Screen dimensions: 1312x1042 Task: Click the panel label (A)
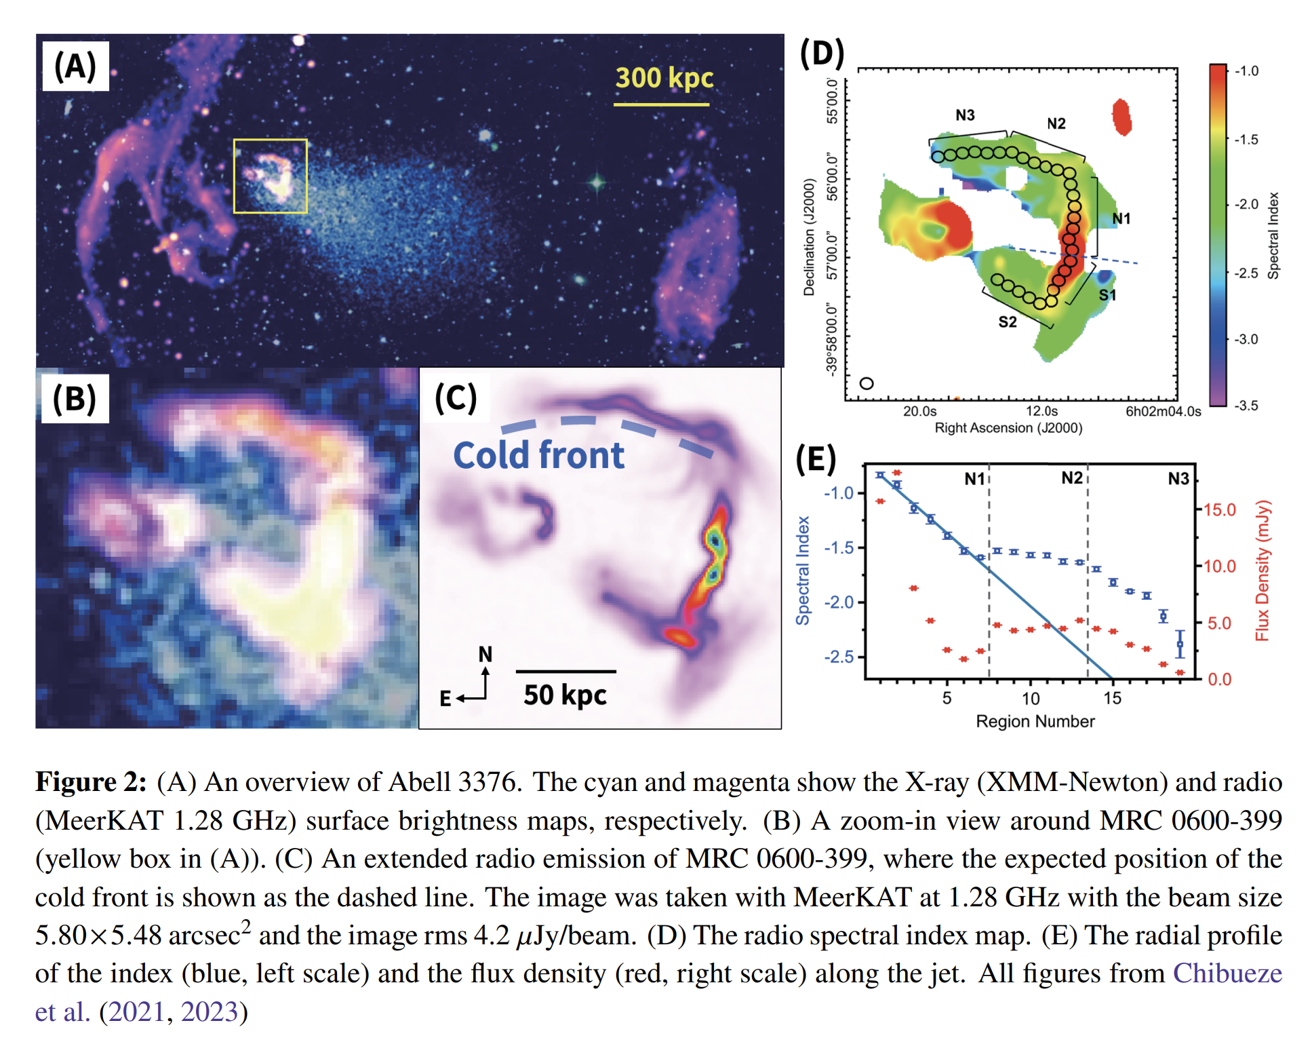(75, 66)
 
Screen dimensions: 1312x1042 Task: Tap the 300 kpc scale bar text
(664, 78)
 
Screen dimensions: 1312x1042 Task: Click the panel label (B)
(75, 398)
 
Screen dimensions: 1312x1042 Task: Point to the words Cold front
(538, 455)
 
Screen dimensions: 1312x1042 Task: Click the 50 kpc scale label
(565, 695)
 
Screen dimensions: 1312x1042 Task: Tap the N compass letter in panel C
(485, 654)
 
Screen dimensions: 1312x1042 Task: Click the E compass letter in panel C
(445, 698)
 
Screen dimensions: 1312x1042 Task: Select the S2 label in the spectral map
(1008, 322)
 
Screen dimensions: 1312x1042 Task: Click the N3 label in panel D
(965, 115)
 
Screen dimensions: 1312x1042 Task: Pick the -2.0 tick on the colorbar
(1246, 204)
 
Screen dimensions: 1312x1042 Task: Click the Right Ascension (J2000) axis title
(1008, 428)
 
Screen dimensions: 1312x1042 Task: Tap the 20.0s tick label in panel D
(919, 411)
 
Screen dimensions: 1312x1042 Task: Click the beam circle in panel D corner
(866, 383)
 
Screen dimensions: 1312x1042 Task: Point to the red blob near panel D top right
(1121, 117)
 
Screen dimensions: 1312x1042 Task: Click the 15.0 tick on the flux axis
(1219, 509)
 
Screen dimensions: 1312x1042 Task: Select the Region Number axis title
(1035, 721)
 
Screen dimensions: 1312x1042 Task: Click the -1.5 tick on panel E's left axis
(839, 547)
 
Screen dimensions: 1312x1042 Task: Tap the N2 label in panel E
(1071, 478)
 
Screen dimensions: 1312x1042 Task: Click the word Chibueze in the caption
(1227, 973)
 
